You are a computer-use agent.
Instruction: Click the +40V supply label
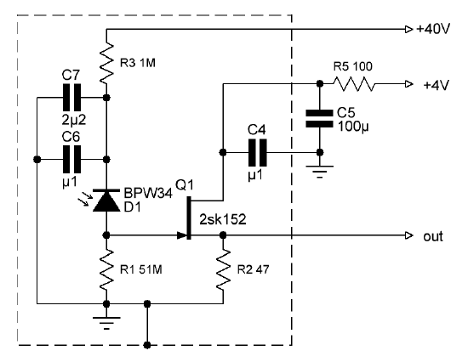pos(433,29)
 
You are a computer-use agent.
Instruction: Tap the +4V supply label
pos(436,85)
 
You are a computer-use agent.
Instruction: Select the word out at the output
pos(433,236)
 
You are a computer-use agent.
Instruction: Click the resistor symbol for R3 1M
pos(106,63)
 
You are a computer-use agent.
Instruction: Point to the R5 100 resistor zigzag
pos(354,84)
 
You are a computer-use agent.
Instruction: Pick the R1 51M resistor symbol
pos(106,270)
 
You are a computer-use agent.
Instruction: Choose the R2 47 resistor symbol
pos(223,270)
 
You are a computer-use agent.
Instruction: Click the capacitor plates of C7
pos(71,98)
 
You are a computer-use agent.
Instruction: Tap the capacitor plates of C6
pos(71,160)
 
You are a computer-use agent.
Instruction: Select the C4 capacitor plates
pos(258,153)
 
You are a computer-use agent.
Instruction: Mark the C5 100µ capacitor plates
pos(319,119)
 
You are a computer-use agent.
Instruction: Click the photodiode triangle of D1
pos(106,201)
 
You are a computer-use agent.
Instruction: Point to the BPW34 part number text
pos(148,193)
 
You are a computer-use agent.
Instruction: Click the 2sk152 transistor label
pos(223,220)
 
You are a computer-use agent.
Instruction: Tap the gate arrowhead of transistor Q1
pos(182,235)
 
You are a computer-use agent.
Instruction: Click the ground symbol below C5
pos(320,172)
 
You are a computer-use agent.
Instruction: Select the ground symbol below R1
pos(106,323)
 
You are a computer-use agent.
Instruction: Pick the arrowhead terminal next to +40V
pos(409,29)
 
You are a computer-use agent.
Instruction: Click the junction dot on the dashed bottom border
pos(147,345)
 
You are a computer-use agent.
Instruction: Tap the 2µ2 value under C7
pos(74,120)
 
